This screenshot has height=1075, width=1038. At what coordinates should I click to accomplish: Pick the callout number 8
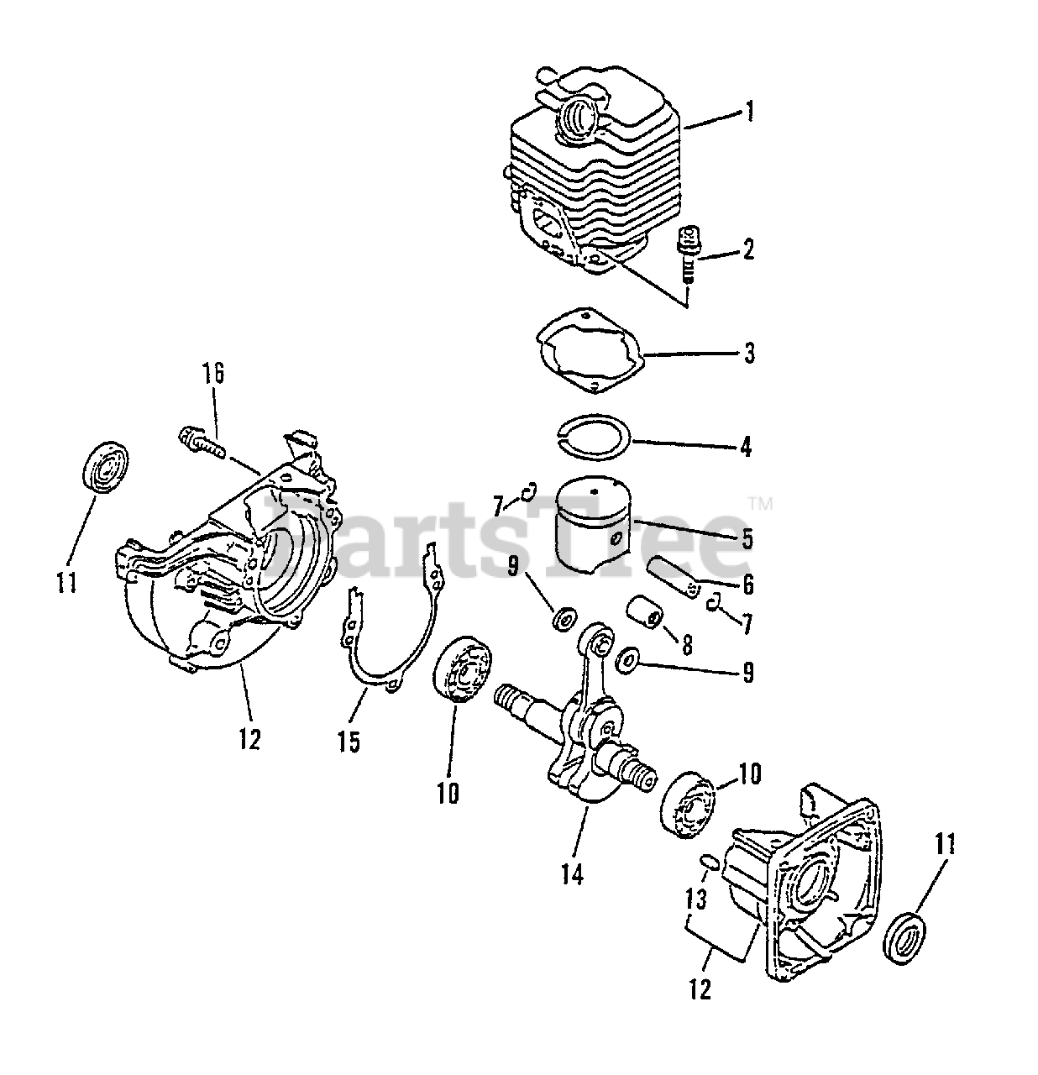tap(687, 645)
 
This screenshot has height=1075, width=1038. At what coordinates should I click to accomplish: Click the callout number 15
tap(349, 741)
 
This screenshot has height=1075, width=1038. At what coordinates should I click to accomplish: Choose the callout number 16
tap(213, 375)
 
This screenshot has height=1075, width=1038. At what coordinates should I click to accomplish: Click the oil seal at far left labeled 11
tap(104, 467)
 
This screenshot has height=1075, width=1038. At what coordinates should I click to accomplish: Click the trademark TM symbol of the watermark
tap(760, 505)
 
